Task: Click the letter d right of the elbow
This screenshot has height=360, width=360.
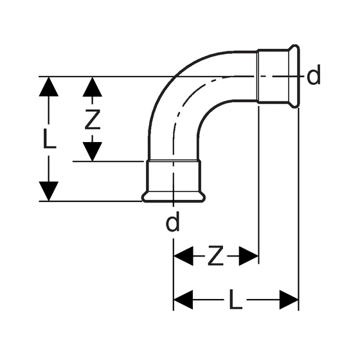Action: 314,75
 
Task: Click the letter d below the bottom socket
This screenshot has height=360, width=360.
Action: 172,221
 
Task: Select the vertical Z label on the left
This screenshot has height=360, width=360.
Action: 93,120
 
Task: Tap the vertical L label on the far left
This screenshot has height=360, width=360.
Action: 50,138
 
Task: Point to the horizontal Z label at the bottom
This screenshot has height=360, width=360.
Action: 215,256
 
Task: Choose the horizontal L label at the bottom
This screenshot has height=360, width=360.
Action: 235,299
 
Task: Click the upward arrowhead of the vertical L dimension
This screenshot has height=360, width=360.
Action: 49,87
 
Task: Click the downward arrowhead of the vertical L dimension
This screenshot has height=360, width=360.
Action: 49,191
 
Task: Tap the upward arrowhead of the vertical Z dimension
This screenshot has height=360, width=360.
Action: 93,87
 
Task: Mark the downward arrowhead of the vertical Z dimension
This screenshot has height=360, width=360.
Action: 93,152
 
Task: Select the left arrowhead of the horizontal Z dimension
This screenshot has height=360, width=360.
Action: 183,256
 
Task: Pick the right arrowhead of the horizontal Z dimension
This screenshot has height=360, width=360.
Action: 249,256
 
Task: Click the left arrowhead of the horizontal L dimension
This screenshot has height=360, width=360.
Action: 183,300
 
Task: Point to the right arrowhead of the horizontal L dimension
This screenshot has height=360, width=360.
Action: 289,300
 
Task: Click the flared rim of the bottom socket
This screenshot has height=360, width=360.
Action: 174,197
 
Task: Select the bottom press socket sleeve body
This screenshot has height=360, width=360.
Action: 174,176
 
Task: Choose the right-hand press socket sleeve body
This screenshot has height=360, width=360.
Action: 273,76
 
